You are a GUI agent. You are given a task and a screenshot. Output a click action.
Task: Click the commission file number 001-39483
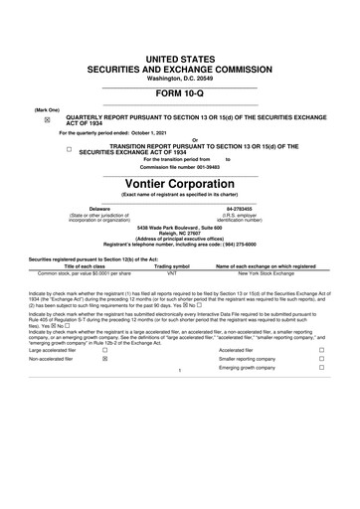204,166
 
